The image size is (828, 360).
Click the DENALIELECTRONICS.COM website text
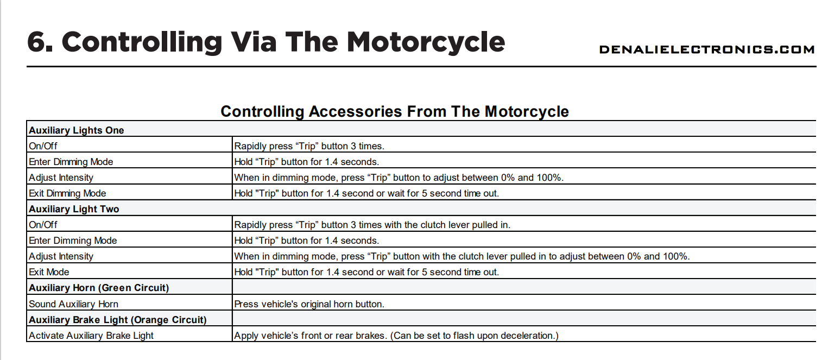click(706, 49)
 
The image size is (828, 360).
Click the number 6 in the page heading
click(39, 41)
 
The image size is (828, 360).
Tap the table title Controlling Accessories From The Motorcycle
click(394, 112)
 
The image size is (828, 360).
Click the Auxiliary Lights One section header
click(76, 130)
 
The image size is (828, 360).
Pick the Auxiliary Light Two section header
click(74, 209)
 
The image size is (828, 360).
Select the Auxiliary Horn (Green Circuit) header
click(98, 288)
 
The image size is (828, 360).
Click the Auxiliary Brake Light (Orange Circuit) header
click(117, 320)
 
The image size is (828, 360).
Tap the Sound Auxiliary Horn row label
click(73, 304)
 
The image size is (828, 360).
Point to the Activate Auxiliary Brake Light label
click(91, 336)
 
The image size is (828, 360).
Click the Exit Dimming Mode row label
click(67, 193)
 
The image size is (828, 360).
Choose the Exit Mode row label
click(49, 272)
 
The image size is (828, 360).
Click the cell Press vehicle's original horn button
click(309, 304)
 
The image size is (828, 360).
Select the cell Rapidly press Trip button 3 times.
click(309, 146)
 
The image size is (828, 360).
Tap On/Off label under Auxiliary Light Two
click(43, 225)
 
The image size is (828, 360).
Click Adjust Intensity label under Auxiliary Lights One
click(61, 178)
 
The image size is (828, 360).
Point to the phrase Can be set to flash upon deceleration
click(474, 336)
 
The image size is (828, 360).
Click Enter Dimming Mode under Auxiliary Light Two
click(73, 241)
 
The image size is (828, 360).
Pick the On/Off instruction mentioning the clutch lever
click(372, 225)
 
